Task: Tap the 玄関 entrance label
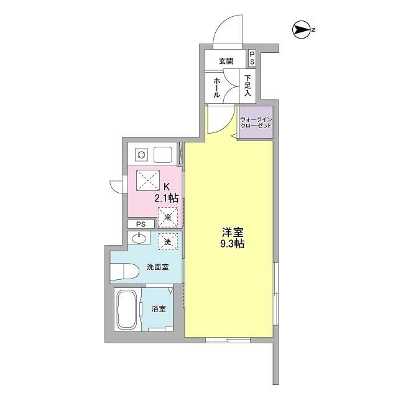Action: pos(226,61)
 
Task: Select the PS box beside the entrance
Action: pos(252,58)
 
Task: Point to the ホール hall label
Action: pos(216,87)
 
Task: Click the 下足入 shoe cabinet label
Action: pos(248,86)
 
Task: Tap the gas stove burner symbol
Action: pos(141,154)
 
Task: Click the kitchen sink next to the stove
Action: pos(164,154)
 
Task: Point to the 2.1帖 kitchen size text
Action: pos(167,198)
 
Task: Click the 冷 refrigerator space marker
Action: pos(167,216)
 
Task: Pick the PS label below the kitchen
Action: pos(141,224)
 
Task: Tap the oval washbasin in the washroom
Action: pos(139,238)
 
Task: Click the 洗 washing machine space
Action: pos(167,241)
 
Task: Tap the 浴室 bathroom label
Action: pos(159,309)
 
